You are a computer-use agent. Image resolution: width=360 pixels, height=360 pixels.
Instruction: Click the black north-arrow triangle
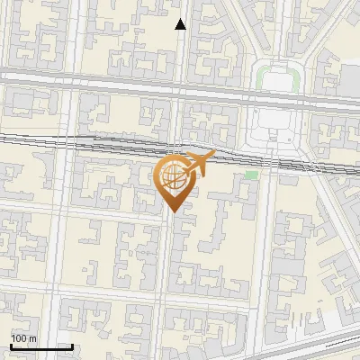[181, 24]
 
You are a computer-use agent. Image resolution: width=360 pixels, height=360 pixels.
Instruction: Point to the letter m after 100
[33, 338]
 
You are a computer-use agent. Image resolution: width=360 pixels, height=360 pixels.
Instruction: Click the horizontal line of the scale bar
[41, 346]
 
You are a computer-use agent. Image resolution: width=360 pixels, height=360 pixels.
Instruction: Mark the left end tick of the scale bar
[11, 345]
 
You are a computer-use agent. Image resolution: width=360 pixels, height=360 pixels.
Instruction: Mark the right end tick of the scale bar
[72, 345]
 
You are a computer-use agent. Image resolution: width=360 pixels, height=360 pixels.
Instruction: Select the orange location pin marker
[173, 183]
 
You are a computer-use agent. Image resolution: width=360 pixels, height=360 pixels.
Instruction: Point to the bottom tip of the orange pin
[172, 211]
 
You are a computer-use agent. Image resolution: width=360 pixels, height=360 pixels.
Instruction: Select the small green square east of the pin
[251, 174]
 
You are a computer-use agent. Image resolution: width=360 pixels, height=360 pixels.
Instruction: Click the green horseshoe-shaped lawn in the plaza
[276, 74]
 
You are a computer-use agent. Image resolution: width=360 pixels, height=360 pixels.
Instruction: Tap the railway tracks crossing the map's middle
[90, 141]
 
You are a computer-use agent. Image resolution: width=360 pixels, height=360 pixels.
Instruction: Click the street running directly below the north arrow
[181, 54]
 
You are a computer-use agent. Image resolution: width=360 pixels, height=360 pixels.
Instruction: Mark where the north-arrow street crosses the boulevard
[180, 83]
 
